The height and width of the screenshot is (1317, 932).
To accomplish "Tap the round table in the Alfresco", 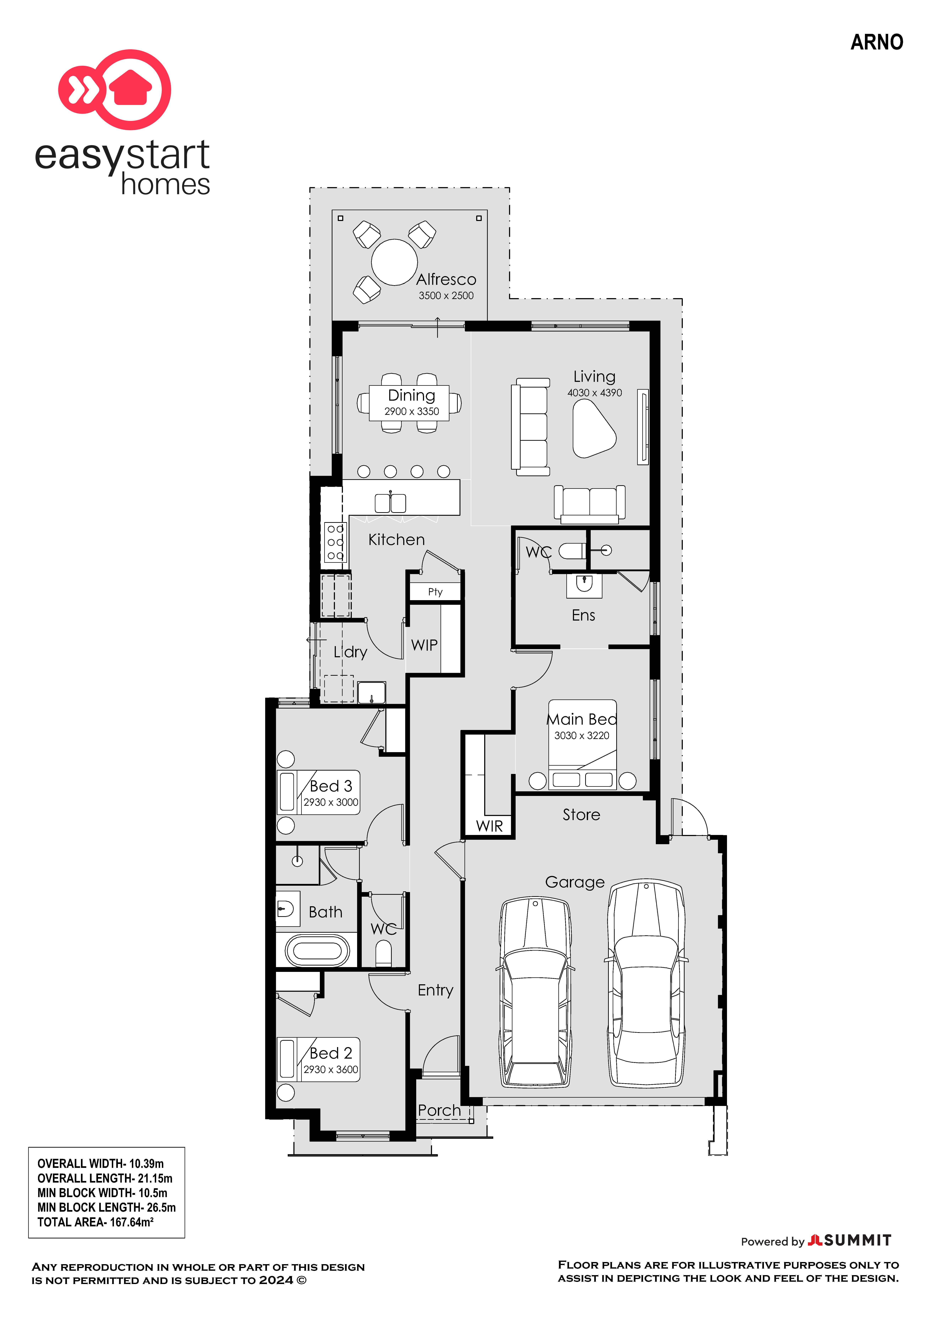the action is [x=394, y=262].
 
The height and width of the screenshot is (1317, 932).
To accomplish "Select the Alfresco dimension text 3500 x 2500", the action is [x=446, y=295].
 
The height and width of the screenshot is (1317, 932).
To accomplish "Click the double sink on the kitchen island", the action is [x=390, y=503].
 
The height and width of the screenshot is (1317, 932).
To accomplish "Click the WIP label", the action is [x=424, y=645].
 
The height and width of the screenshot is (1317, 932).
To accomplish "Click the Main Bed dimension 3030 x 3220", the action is [x=581, y=735].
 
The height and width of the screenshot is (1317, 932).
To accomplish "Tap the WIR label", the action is [x=489, y=826].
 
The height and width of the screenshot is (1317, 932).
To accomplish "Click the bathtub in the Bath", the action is [x=317, y=951].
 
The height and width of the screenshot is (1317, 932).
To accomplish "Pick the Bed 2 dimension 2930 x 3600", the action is [x=330, y=1069].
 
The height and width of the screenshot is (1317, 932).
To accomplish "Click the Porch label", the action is [x=439, y=1111].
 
